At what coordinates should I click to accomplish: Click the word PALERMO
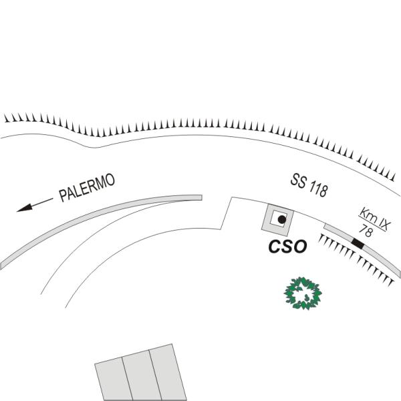[x=87, y=187]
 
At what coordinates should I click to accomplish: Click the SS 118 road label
[x=309, y=185]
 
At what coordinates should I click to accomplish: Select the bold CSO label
[x=287, y=247]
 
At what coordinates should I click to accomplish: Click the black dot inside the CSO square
[x=282, y=219]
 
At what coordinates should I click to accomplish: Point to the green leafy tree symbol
[x=303, y=293]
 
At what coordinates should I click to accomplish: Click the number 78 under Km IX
[x=366, y=231]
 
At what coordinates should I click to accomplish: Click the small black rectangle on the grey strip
[x=358, y=243]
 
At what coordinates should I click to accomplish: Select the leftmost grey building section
[x=114, y=379]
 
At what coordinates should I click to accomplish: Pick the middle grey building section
[x=142, y=375]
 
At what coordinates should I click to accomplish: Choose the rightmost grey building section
[x=168, y=372]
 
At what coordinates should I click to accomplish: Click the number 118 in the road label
[x=318, y=190]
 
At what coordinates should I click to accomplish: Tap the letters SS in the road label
[x=299, y=181]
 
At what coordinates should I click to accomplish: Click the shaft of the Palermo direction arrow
[x=43, y=202]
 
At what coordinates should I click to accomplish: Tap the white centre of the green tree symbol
[x=302, y=293]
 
